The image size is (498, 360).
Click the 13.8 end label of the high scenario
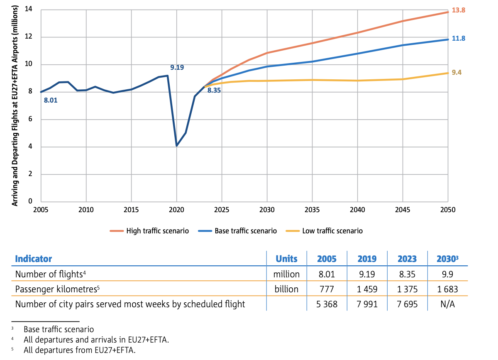pyautogui.click(x=458, y=10)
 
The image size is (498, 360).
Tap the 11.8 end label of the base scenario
pyautogui.click(x=458, y=38)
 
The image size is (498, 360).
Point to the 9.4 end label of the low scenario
pyautogui.click(x=456, y=72)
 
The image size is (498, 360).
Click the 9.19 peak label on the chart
pyautogui.click(x=177, y=67)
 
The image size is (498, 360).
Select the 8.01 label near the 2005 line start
pyautogui.click(x=50, y=100)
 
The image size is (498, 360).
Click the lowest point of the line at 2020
pyautogui.click(x=177, y=145)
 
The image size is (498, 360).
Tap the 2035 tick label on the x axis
pyautogui.click(x=312, y=210)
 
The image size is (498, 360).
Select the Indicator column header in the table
pyautogui.click(x=34, y=259)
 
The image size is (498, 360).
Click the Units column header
pyautogui.click(x=286, y=259)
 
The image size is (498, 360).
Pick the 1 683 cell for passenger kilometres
pyautogui.click(x=446, y=289)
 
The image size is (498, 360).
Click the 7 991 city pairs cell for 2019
pyautogui.click(x=366, y=304)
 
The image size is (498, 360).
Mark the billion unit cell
pyautogui.click(x=287, y=289)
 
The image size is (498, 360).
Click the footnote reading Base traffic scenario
pyautogui.click(x=59, y=329)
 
